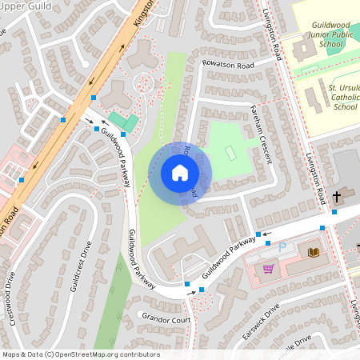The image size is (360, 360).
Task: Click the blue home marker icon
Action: click(180, 173)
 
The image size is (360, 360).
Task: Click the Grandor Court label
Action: click(166, 318)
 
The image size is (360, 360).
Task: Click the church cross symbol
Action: click(337, 195)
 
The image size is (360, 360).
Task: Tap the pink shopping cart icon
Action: click(268, 269)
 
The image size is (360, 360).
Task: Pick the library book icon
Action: click(313, 253)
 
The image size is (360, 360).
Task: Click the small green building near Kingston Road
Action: click(123, 122)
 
